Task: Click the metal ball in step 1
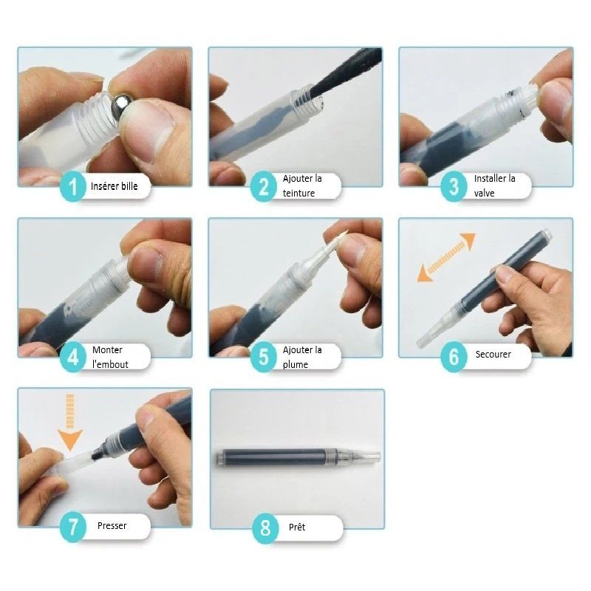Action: tap(123, 106)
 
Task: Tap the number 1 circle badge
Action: tap(73, 186)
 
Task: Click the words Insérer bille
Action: tap(115, 186)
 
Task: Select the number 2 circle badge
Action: tap(264, 186)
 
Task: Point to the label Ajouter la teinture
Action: tap(302, 186)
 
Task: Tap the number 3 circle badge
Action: tap(454, 186)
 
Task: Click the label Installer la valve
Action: tap(494, 186)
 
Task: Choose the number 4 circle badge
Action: tap(73, 358)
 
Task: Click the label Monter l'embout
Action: tap(110, 357)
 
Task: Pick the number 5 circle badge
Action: tap(264, 358)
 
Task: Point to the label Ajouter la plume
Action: tap(302, 357)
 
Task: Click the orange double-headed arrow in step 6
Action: tap(447, 257)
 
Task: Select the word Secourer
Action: tap(493, 355)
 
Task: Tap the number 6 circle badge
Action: tap(454, 358)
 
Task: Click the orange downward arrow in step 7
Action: tap(69, 422)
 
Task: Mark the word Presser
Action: tap(112, 526)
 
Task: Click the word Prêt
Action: tap(297, 527)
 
